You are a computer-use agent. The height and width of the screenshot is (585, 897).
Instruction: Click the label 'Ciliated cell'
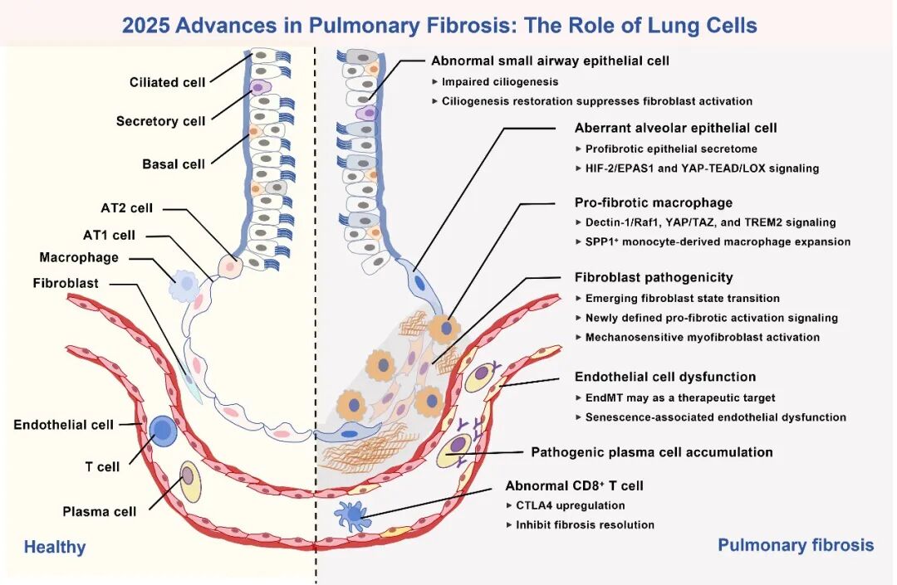(167, 82)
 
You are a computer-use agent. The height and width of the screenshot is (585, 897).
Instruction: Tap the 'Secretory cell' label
(160, 121)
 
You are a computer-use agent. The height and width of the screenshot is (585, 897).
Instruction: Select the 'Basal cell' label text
(174, 164)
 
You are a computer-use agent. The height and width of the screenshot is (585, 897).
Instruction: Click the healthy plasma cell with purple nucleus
(190, 481)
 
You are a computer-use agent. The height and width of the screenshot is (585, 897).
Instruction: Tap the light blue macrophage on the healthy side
(184, 286)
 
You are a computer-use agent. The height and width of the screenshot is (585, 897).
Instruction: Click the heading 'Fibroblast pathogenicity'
(654, 278)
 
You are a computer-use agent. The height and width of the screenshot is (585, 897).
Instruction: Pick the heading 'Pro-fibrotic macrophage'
(654, 202)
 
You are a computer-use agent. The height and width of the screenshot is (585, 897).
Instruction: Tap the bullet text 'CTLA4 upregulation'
(570, 505)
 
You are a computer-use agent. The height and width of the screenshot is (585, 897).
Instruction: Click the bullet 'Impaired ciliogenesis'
(499, 81)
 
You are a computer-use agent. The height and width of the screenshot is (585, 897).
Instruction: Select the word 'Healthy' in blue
(54, 548)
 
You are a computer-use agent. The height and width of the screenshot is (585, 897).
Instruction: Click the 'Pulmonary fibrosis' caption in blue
(796, 545)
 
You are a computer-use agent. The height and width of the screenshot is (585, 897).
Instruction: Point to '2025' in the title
(146, 26)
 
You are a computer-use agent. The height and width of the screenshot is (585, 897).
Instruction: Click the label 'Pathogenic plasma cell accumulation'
(652, 452)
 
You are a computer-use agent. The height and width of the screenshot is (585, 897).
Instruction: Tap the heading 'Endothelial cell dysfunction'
(665, 377)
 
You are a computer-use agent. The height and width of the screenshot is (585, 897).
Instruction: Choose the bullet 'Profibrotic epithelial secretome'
(671, 149)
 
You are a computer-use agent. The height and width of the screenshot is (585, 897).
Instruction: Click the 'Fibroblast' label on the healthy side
(66, 283)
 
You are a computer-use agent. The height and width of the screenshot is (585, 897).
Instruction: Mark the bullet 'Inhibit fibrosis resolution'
(585, 525)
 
